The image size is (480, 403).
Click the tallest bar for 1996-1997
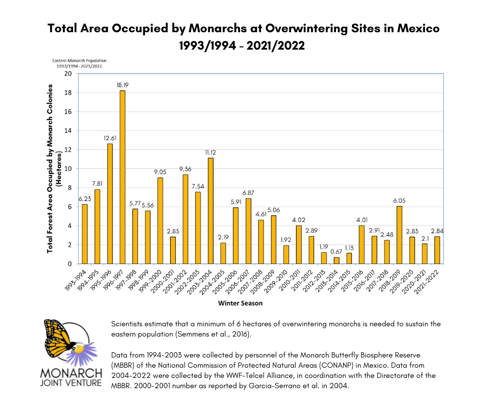click(x=123, y=177)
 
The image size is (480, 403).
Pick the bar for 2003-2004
click(x=210, y=211)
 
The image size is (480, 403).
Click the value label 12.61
click(x=110, y=139)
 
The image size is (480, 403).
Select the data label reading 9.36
click(x=185, y=169)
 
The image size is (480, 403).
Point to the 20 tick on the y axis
click(x=67, y=74)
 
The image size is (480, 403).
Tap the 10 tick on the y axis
click(x=67, y=169)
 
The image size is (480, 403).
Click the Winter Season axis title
click(x=239, y=303)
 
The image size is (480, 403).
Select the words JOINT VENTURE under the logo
click(x=71, y=383)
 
